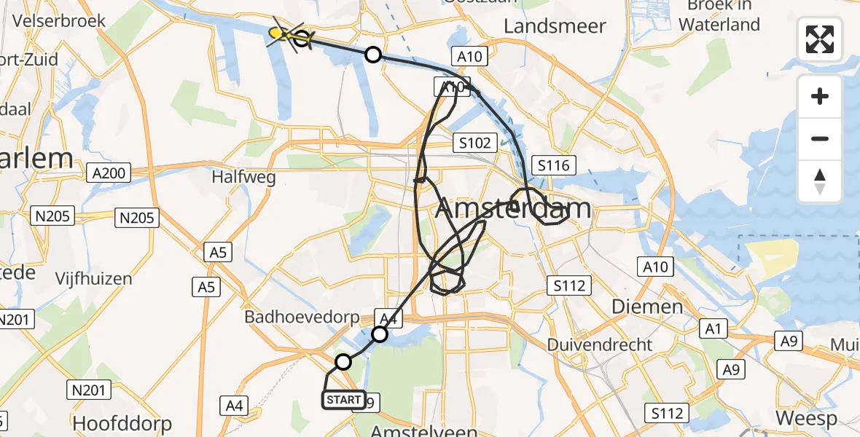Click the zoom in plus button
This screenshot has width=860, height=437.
click(x=820, y=96)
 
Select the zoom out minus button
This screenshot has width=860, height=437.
click(x=820, y=138)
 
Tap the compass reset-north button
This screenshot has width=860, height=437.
click(x=820, y=181)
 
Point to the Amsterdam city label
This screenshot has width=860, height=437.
click(x=513, y=210)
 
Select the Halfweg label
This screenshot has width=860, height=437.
click(x=243, y=177)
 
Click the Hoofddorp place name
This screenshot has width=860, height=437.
click(x=122, y=423)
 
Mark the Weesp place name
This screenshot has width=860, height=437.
click(x=806, y=419)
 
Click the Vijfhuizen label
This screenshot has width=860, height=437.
click(x=95, y=279)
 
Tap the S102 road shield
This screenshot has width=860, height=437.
click(x=475, y=143)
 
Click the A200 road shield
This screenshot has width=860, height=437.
click(x=109, y=173)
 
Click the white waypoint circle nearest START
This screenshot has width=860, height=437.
click(x=343, y=362)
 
